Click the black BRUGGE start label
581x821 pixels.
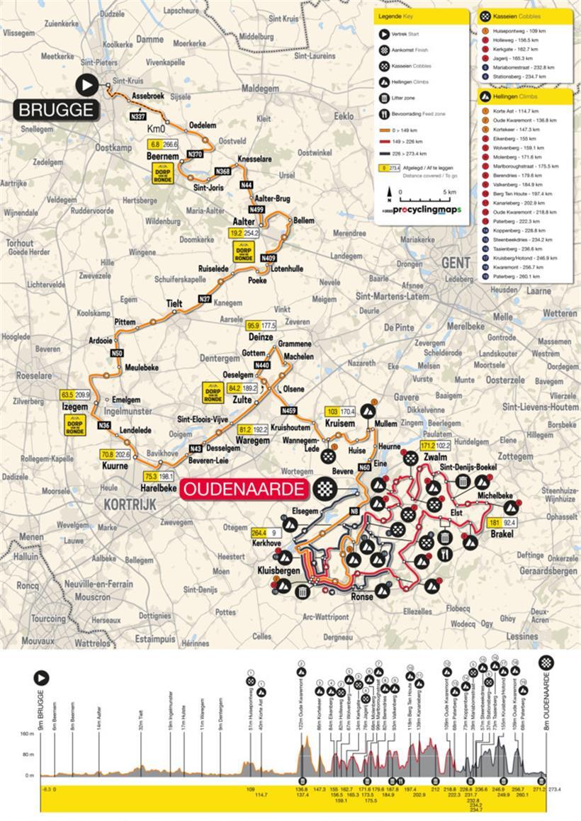[55, 110]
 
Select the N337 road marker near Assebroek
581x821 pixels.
[138, 115]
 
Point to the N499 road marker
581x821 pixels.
[256, 210]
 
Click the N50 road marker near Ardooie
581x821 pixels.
[118, 353]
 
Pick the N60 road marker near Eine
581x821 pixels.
[364, 468]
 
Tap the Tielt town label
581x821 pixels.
[174, 303]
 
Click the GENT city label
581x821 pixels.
[456, 262]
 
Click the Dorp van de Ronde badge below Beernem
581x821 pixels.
[164, 173]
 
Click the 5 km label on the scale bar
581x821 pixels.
[450, 192]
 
